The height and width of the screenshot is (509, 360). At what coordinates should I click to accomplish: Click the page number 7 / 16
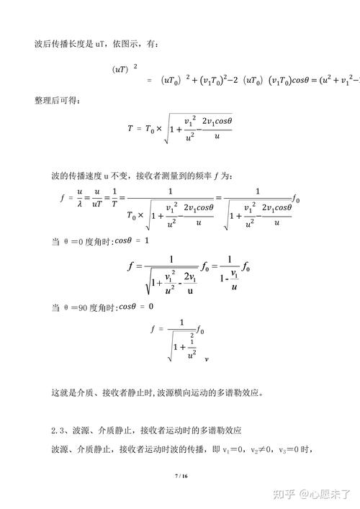click(x=181, y=477)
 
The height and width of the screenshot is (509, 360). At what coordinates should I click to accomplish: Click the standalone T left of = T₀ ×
click(x=130, y=129)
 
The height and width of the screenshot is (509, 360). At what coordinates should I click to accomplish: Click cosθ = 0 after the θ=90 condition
click(x=137, y=307)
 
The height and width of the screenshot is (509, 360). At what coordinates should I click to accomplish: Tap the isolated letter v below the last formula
click(x=207, y=357)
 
